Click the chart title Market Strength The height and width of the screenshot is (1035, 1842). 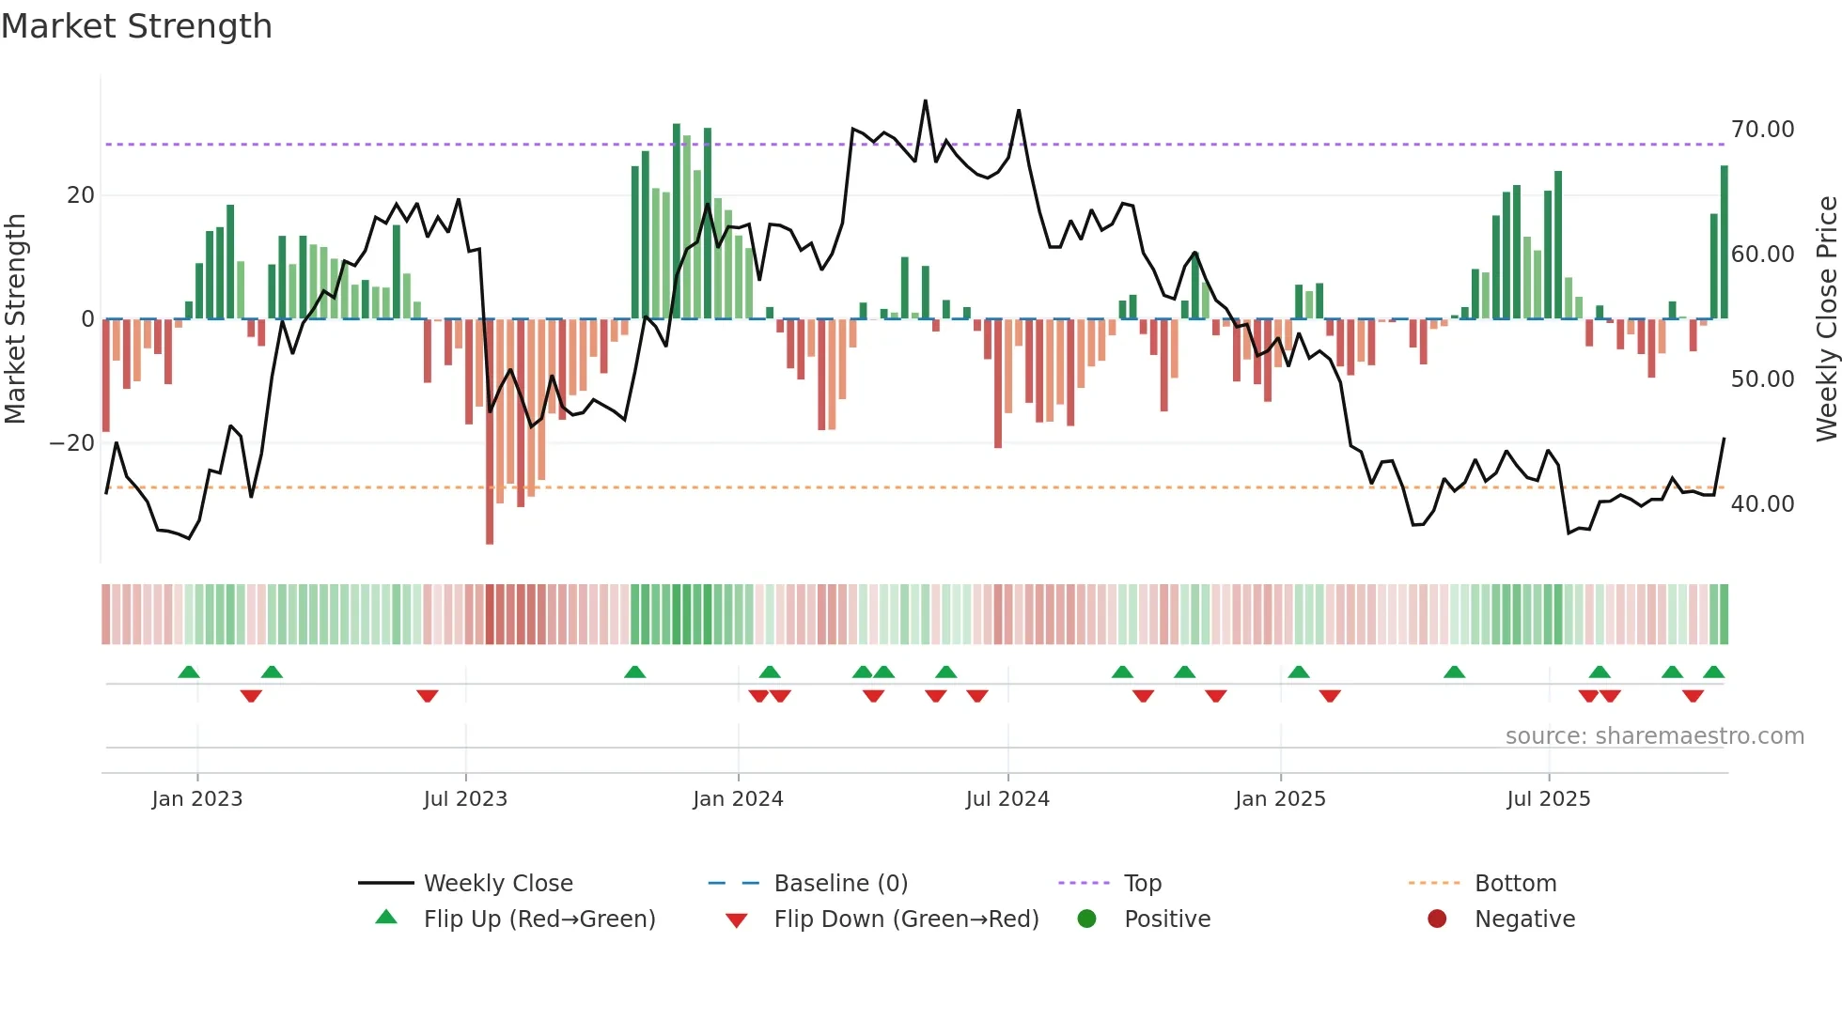point(136,26)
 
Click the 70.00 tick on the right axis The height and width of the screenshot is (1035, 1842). point(1762,130)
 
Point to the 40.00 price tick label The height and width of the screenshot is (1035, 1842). point(1762,504)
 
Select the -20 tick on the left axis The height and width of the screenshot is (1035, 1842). point(72,443)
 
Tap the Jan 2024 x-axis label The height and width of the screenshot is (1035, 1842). point(738,799)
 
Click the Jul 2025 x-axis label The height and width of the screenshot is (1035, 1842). point(1548,799)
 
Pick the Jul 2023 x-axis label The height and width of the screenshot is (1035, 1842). point(465,799)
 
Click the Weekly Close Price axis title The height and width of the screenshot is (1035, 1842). point(1826,319)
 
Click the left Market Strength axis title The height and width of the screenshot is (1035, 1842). point(16,319)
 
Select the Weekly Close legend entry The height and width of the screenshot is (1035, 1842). point(497,884)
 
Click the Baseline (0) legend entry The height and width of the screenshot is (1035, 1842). point(840,884)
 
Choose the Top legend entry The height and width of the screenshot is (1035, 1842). point(1142,884)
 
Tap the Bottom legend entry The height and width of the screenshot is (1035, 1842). point(1515,884)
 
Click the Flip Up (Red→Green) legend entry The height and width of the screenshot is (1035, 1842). point(539,919)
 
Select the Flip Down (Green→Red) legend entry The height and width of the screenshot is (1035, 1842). point(906,919)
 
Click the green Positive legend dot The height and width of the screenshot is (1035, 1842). point(1087,919)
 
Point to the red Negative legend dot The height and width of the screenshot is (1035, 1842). point(1437,919)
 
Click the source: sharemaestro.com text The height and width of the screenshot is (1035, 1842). point(1654,736)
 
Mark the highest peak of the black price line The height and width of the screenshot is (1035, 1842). point(925,100)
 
